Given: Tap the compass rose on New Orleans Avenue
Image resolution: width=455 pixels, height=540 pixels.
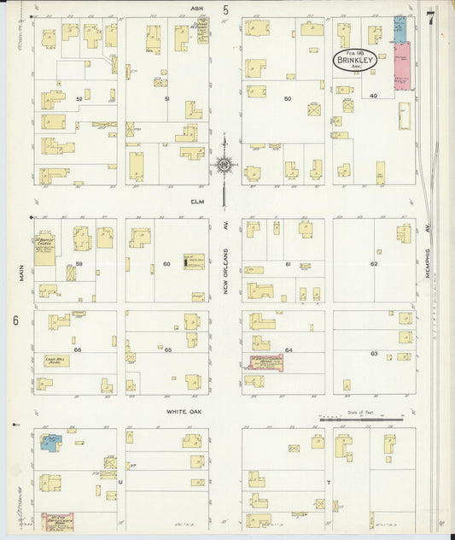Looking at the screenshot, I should click(225, 165).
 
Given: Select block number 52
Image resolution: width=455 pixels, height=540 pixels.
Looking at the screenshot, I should click(79, 99).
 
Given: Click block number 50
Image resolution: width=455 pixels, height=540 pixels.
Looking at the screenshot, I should click(288, 99).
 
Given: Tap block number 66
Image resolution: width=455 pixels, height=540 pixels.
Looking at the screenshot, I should click(77, 350).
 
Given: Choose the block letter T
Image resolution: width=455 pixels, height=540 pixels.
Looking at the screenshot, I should click(328, 482).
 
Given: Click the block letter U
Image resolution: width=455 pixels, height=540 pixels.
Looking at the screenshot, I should click(120, 482).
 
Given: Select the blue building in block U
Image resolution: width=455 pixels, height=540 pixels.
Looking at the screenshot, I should click(50, 442).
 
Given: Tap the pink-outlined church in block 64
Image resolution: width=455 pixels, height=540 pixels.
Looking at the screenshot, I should click(265, 362).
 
